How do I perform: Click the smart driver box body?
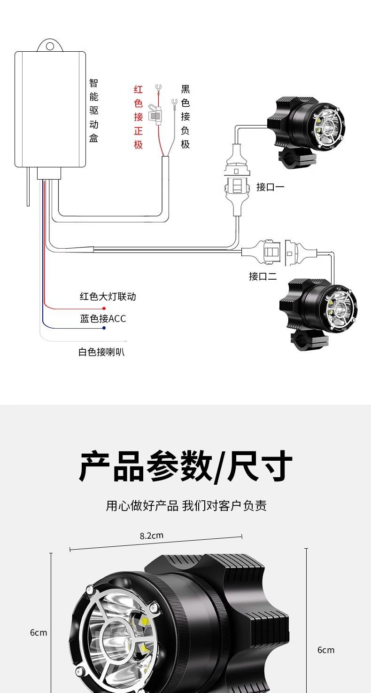(x=50, y=109)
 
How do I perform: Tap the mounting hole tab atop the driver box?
(x=50, y=46)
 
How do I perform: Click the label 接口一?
(x=270, y=187)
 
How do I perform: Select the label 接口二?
(x=263, y=276)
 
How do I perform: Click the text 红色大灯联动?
(x=108, y=297)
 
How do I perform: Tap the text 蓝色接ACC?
(x=103, y=319)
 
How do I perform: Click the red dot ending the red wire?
(x=104, y=308)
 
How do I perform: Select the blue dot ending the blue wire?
(x=104, y=328)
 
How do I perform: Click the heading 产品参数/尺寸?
(x=185, y=466)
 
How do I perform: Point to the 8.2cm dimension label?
(x=151, y=535)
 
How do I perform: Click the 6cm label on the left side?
(x=39, y=632)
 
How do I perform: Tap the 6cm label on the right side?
(x=326, y=650)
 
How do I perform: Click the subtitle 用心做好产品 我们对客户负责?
(x=186, y=506)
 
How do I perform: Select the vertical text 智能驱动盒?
(x=94, y=111)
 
